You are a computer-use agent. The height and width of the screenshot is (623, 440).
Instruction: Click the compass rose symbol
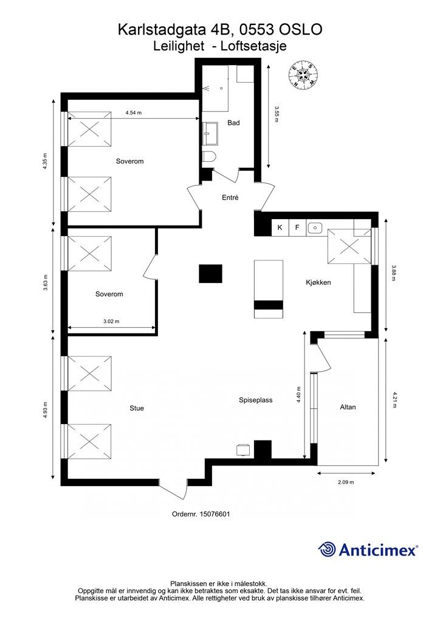[303, 74]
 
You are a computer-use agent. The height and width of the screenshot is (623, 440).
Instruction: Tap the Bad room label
[233, 123]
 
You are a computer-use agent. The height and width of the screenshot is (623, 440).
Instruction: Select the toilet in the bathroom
[208, 158]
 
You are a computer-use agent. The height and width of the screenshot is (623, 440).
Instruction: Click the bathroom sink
[210, 134]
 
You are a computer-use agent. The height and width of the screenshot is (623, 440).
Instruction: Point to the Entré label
[230, 197]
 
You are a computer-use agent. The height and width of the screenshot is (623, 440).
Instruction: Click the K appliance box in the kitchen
[280, 228]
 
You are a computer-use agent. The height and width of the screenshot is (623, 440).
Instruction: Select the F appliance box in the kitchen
[297, 228]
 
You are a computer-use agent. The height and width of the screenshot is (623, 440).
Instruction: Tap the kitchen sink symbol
[315, 228]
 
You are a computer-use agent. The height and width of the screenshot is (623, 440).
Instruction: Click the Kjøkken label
[318, 282]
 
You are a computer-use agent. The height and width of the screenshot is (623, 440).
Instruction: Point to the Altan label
[348, 407]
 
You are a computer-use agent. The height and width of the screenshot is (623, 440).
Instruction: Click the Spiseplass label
[255, 400]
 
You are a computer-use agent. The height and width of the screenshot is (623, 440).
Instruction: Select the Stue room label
[137, 408]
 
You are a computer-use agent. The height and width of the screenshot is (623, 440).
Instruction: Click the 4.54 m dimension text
[133, 113]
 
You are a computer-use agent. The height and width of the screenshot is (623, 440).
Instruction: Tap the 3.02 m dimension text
[111, 321]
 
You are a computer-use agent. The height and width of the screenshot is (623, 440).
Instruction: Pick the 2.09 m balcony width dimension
[346, 482]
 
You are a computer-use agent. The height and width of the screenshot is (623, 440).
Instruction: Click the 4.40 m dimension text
[298, 395]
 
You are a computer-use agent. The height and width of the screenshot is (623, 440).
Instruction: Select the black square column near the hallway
[210, 273]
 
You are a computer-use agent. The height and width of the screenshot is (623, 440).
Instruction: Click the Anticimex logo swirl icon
[327, 549]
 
